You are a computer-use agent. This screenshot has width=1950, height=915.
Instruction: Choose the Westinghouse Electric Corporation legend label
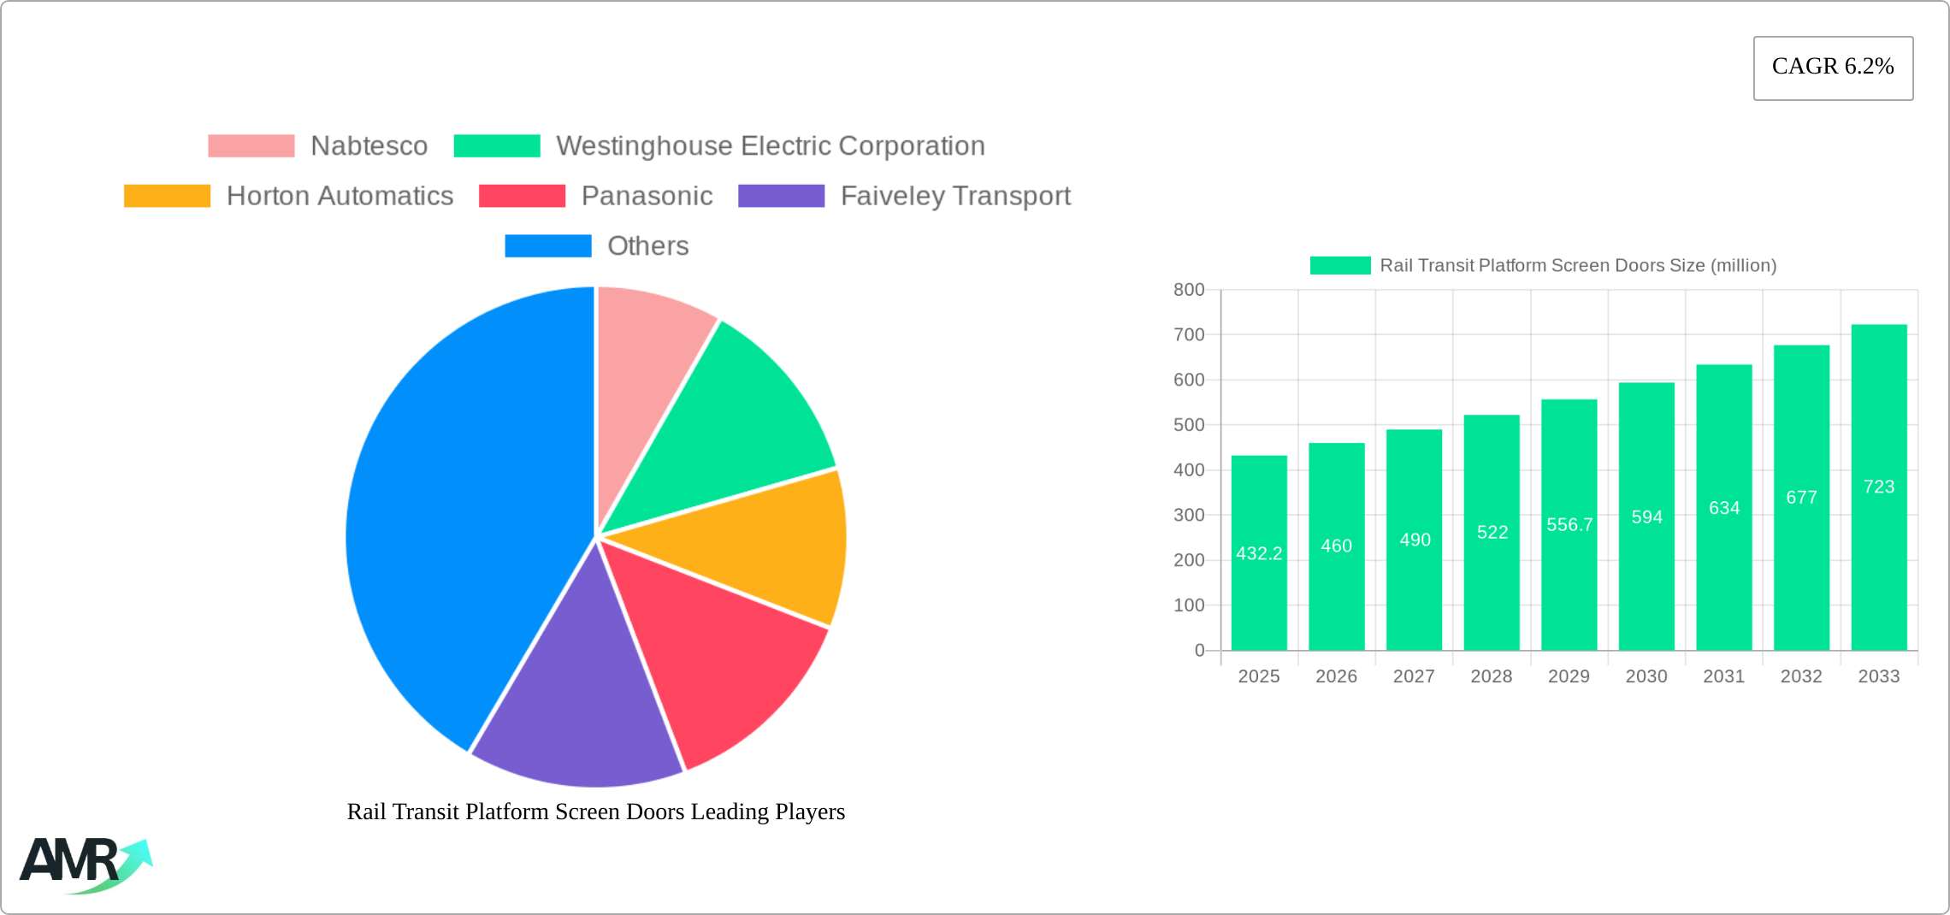click(x=770, y=146)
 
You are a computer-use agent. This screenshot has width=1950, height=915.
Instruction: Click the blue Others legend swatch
click(x=547, y=246)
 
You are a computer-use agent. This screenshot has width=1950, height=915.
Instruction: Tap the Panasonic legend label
click(x=647, y=196)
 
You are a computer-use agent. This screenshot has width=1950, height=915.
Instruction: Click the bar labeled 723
click(x=1879, y=487)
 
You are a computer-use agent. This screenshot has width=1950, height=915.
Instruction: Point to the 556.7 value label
click(x=1569, y=524)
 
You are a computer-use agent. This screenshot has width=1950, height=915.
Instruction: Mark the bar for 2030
click(x=1646, y=517)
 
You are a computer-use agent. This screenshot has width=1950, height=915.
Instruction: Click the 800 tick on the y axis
click(x=1189, y=290)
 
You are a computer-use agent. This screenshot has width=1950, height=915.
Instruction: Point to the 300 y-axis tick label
click(x=1189, y=515)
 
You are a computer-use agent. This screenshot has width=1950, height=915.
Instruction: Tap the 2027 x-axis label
click(x=1414, y=676)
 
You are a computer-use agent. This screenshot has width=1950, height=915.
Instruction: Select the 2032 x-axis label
click(x=1801, y=676)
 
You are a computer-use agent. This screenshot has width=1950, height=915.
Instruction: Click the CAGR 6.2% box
click(x=1833, y=68)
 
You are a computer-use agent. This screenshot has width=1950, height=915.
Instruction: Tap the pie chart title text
click(x=595, y=812)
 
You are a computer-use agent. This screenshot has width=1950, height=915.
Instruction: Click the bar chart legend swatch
click(x=1339, y=266)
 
